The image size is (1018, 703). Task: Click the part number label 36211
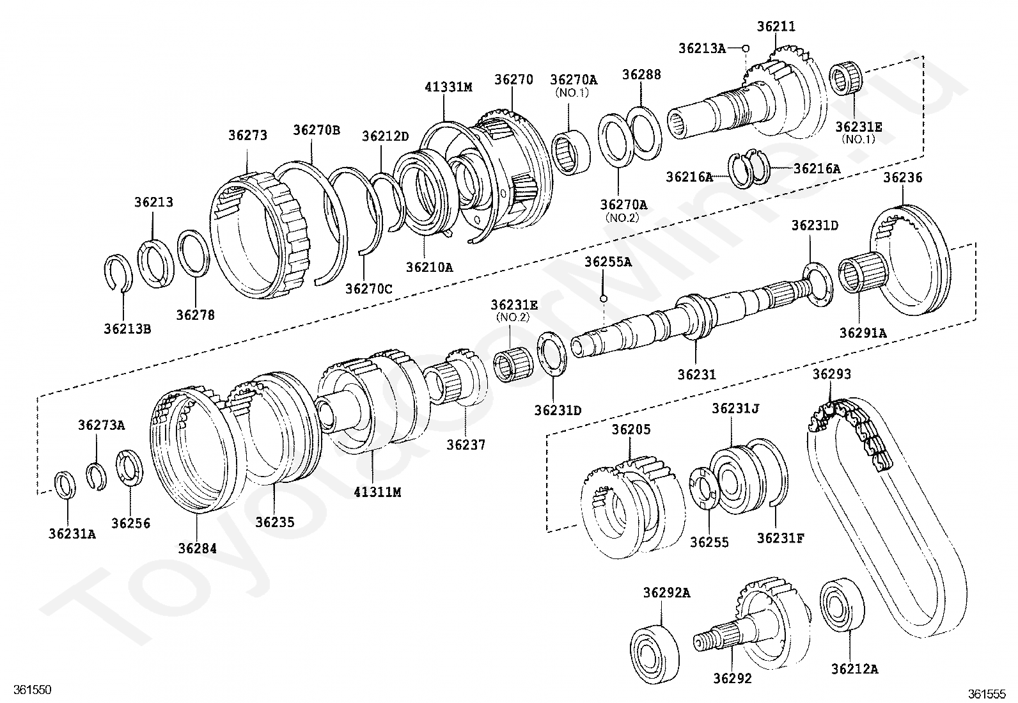click(x=776, y=27)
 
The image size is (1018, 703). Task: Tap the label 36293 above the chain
click(x=831, y=374)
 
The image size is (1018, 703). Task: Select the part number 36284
click(x=197, y=549)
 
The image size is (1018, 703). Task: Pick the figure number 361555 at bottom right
click(x=987, y=693)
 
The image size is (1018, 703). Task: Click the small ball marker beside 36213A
click(x=745, y=49)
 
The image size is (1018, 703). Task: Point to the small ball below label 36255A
click(x=602, y=298)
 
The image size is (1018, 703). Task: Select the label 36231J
click(x=735, y=408)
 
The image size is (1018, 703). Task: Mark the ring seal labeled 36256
click(x=130, y=469)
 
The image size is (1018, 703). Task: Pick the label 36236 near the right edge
click(x=903, y=178)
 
